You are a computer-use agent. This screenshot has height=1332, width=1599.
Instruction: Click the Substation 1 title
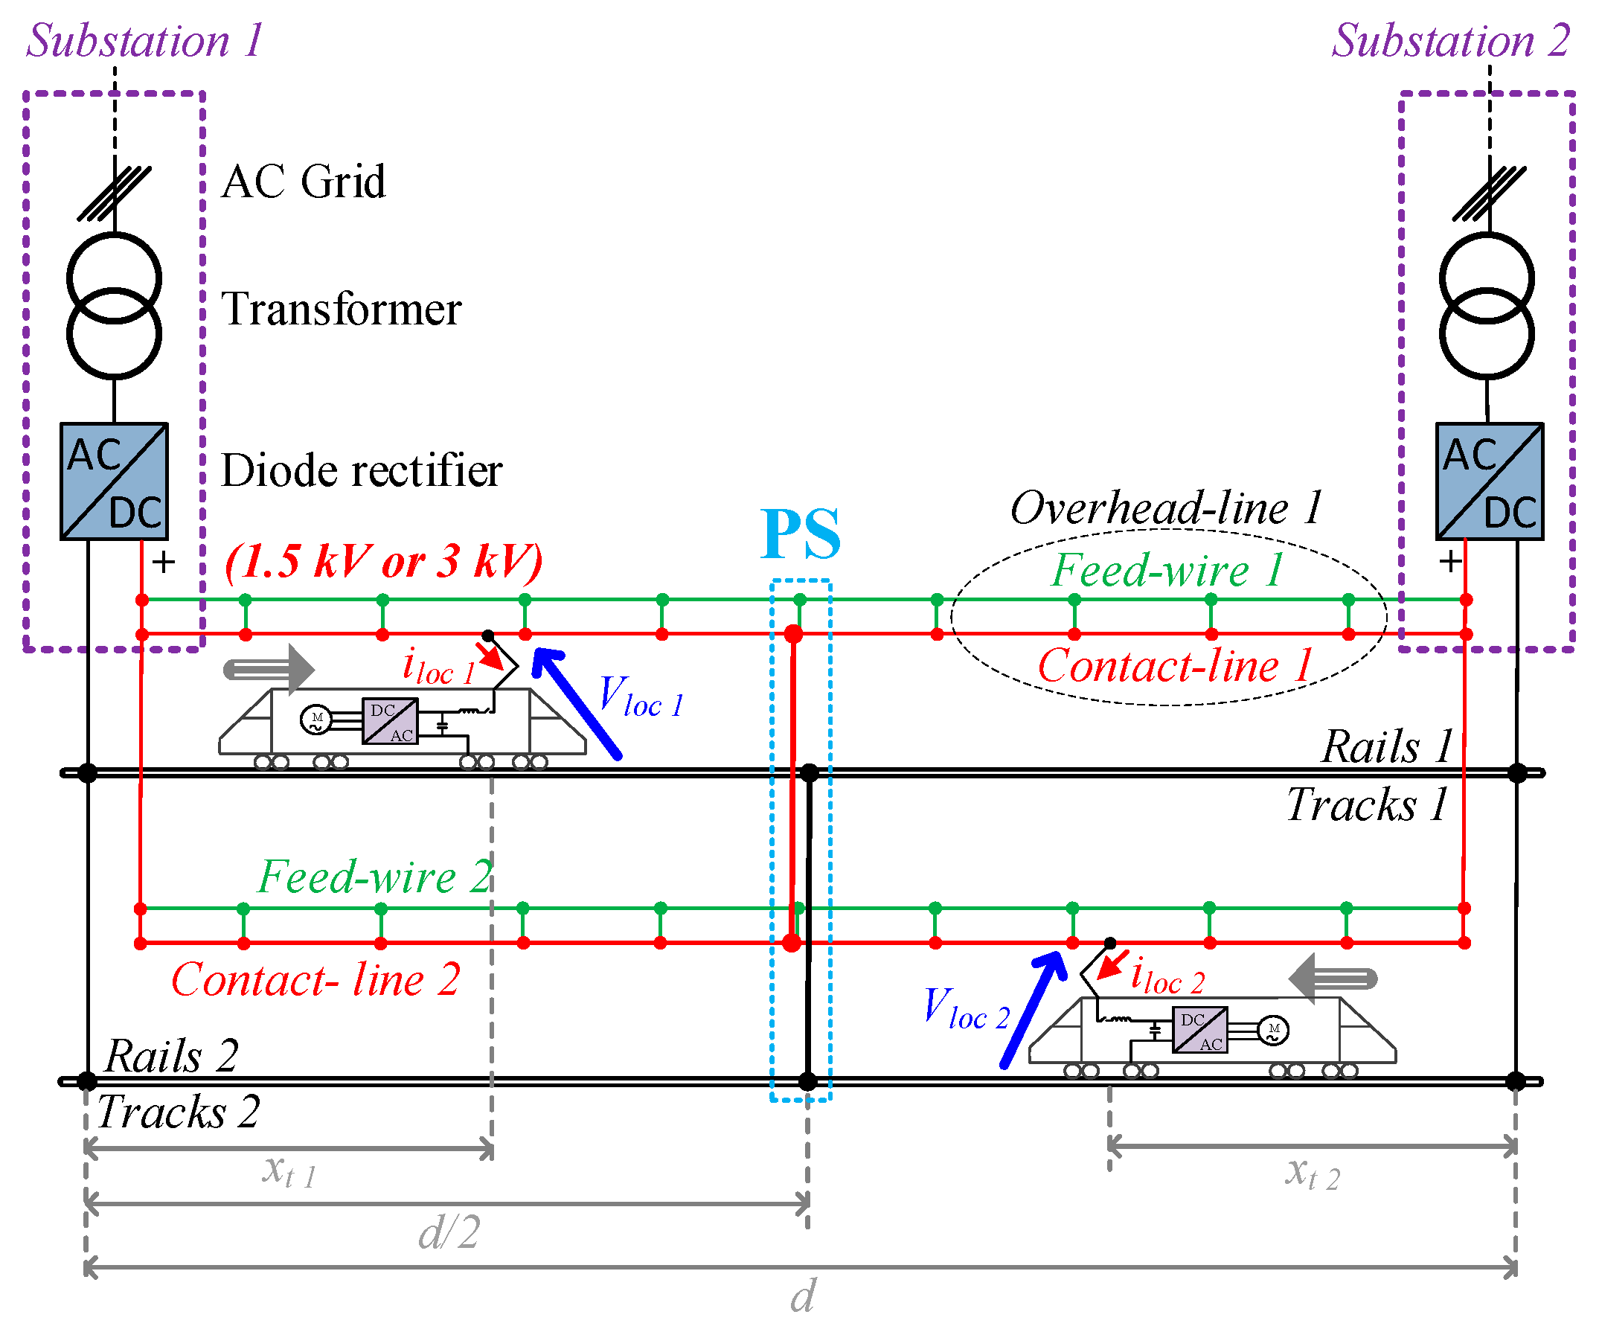coord(144,40)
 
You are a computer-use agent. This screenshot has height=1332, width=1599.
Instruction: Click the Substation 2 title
coord(1450,40)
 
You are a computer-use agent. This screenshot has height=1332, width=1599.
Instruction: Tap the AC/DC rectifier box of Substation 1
coord(115,481)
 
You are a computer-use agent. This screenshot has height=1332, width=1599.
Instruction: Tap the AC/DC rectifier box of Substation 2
coord(1490,481)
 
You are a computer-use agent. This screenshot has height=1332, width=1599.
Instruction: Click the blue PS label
coord(801,534)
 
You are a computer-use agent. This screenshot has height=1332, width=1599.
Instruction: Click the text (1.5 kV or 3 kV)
coord(384,561)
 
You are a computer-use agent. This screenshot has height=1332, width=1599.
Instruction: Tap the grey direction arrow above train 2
coord(1333,979)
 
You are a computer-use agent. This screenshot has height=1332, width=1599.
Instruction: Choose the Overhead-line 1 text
coord(1166,508)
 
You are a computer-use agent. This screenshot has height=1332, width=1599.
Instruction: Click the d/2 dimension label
coord(449,1232)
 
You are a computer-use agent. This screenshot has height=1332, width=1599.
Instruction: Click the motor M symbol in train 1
coord(316,719)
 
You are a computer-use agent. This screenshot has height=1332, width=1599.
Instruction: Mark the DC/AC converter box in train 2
coord(1200,1031)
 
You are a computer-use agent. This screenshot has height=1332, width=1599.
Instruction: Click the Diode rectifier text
coord(362,470)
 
